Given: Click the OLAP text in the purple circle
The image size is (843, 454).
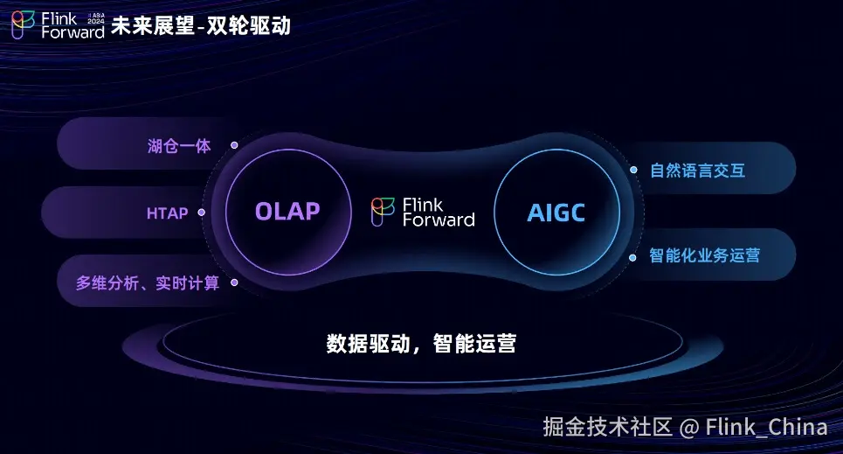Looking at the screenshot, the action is (x=287, y=212).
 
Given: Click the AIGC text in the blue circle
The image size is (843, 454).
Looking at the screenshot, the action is (x=556, y=213).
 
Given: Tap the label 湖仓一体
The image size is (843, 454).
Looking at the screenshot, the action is (x=179, y=146).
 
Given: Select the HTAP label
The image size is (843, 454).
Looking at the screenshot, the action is (x=167, y=213).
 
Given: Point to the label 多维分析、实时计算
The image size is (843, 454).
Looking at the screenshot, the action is (x=148, y=283).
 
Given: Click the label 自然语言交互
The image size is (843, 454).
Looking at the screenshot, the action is (x=697, y=171).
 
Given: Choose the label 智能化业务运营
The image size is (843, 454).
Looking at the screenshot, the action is (x=704, y=255).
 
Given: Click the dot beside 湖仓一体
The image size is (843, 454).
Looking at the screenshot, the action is (x=234, y=145).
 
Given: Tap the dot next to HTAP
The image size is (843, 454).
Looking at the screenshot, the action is (x=202, y=213).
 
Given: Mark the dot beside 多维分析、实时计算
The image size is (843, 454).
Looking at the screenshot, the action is (x=234, y=283).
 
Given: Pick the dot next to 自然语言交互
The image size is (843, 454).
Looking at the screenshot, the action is (x=634, y=170).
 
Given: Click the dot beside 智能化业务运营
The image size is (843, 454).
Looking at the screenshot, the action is (x=632, y=257).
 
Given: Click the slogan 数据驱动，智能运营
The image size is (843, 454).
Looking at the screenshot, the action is (x=421, y=344).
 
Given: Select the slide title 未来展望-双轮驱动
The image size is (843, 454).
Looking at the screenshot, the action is (x=201, y=25).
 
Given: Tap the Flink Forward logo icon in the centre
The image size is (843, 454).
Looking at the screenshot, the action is (x=383, y=212).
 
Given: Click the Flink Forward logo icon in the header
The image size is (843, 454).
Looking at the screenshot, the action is (x=23, y=24).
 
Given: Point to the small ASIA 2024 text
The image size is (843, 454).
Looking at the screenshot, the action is (x=96, y=18).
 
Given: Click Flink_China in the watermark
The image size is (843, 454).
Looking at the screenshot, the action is (x=766, y=427).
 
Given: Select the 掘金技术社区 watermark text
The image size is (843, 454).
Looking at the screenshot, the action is (x=607, y=427).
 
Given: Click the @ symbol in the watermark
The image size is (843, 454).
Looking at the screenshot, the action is (x=689, y=428).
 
